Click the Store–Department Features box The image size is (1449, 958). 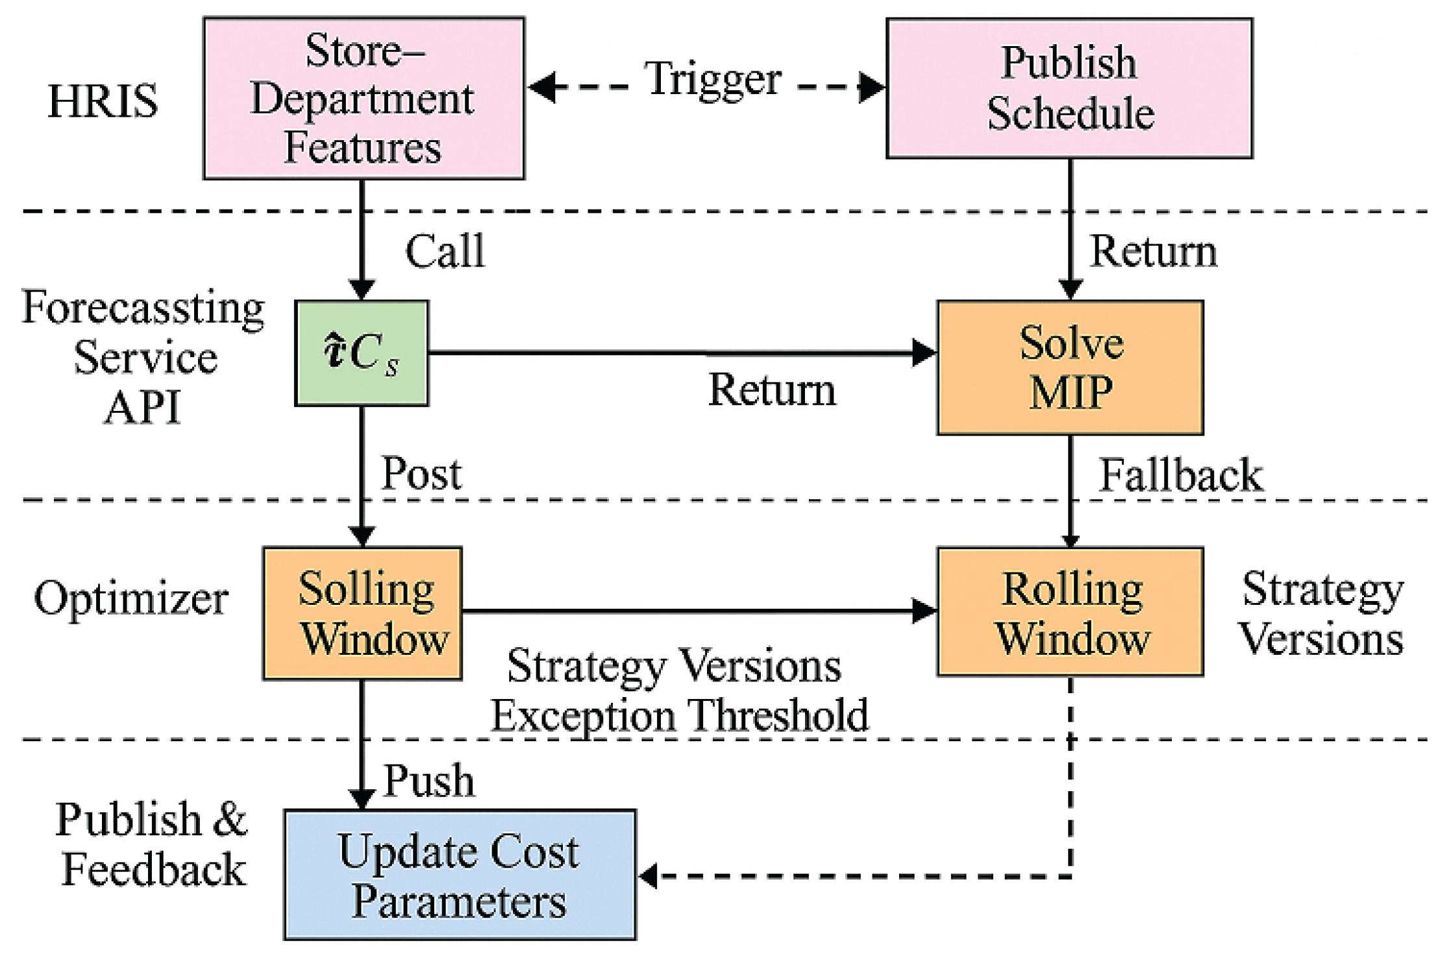(x=364, y=98)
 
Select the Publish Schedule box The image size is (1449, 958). (x=1069, y=88)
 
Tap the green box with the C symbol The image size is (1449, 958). (x=362, y=354)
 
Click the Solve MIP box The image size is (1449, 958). (x=1070, y=368)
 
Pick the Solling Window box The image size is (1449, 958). (x=362, y=613)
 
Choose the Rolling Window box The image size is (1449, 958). (x=1070, y=612)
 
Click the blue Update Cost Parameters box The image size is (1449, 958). (x=460, y=875)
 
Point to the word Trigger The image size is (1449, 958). (x=713, y=79)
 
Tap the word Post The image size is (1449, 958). (x=421, y=474)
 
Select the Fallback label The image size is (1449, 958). (x=1180, y=475)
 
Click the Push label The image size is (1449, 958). (x=429, y=780)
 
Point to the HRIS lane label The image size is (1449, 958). (x=103, y=101)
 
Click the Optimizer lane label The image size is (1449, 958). (x=130, y=598)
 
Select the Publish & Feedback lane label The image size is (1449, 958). (x=151, y=844)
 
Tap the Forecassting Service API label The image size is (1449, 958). (x=143, y=357)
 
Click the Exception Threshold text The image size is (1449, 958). (x=679, y=715)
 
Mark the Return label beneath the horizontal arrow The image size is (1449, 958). (x=771, y=390)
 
